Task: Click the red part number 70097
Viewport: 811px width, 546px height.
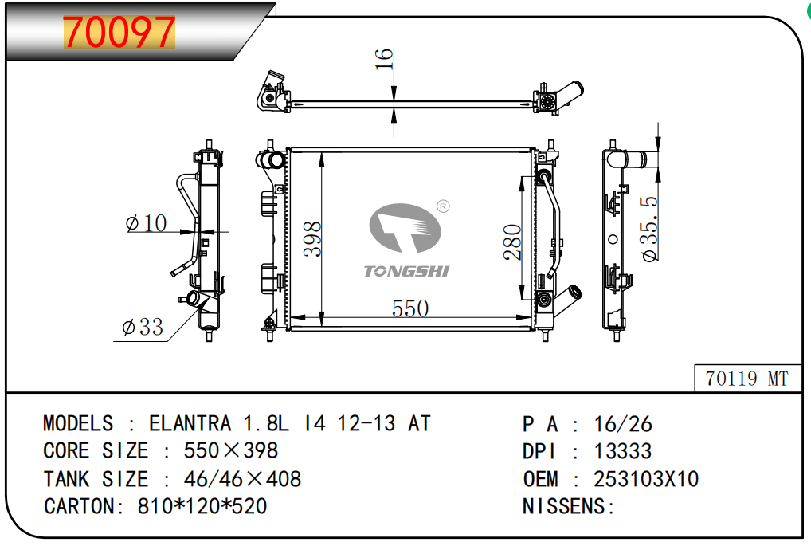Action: click(x=119, y=32)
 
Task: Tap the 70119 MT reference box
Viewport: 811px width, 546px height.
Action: click(x=746, y=379)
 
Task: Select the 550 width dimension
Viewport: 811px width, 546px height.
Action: click(x=410, y=308)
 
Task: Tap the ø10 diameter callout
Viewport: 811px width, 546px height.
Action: click(x=147, y=223)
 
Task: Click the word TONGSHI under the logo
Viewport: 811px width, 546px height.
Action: click(x=406, y=272)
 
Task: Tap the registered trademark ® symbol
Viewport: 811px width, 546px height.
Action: click(x=444, y=207)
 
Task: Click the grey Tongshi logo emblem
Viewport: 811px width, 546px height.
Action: click(x=404, y=230)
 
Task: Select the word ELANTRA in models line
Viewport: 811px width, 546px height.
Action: click(x=190, y=422)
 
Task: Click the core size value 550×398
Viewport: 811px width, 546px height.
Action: click(x=231, y=450)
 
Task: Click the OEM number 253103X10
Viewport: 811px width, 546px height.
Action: click(x=646, y=478)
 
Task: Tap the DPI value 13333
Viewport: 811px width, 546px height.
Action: click(x=622, y=450)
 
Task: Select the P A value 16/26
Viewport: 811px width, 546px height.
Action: click(x=623, y=423)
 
